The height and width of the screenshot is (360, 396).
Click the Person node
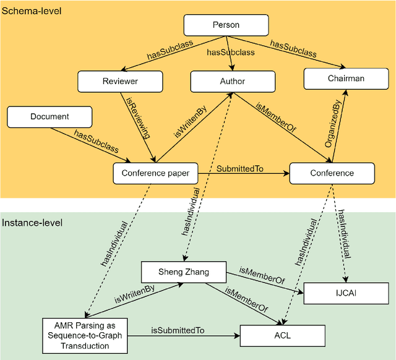point(226,25)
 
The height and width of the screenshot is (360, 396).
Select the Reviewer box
point(120,81)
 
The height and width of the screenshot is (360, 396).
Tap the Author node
point(233,81)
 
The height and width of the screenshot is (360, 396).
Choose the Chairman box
point(346,79)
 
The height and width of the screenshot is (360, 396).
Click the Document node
point(49,116)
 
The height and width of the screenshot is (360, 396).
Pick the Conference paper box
point(155,173)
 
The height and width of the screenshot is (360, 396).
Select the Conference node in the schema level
point(332,173)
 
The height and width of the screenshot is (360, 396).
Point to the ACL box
point(282,336)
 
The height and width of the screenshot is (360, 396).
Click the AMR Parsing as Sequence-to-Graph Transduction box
point(84,336)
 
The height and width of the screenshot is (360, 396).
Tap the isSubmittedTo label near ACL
point(178,331)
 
